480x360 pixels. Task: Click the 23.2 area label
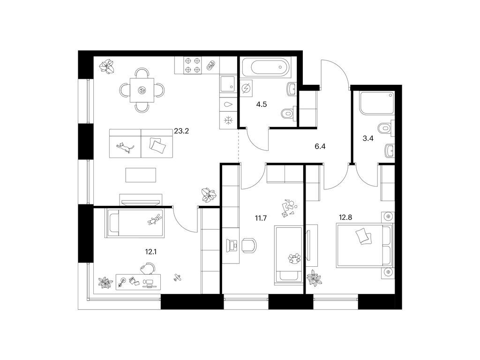click(181, 131)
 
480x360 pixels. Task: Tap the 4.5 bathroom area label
click(262, 105)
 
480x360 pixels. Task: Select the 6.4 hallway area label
click(320, 146)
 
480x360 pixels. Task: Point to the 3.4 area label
click(368, 138)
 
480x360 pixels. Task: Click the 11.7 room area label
click(261, 218)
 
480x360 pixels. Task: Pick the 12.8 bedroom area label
click(345, 217)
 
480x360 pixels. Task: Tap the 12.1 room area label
click(150, 252)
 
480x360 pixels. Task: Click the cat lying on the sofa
click(125, 148)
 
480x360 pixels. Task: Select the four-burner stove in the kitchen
click(193, 65)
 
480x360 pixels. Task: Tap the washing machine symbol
click(246, 89)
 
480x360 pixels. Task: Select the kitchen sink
click(227, 83)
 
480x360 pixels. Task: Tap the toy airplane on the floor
click(177, 277)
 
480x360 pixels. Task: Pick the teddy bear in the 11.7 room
click(294, 259)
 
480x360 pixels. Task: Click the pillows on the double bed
click(363, 236)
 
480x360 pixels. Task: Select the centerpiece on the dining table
click(142, 90)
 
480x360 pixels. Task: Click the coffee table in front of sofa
click(141, 175)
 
